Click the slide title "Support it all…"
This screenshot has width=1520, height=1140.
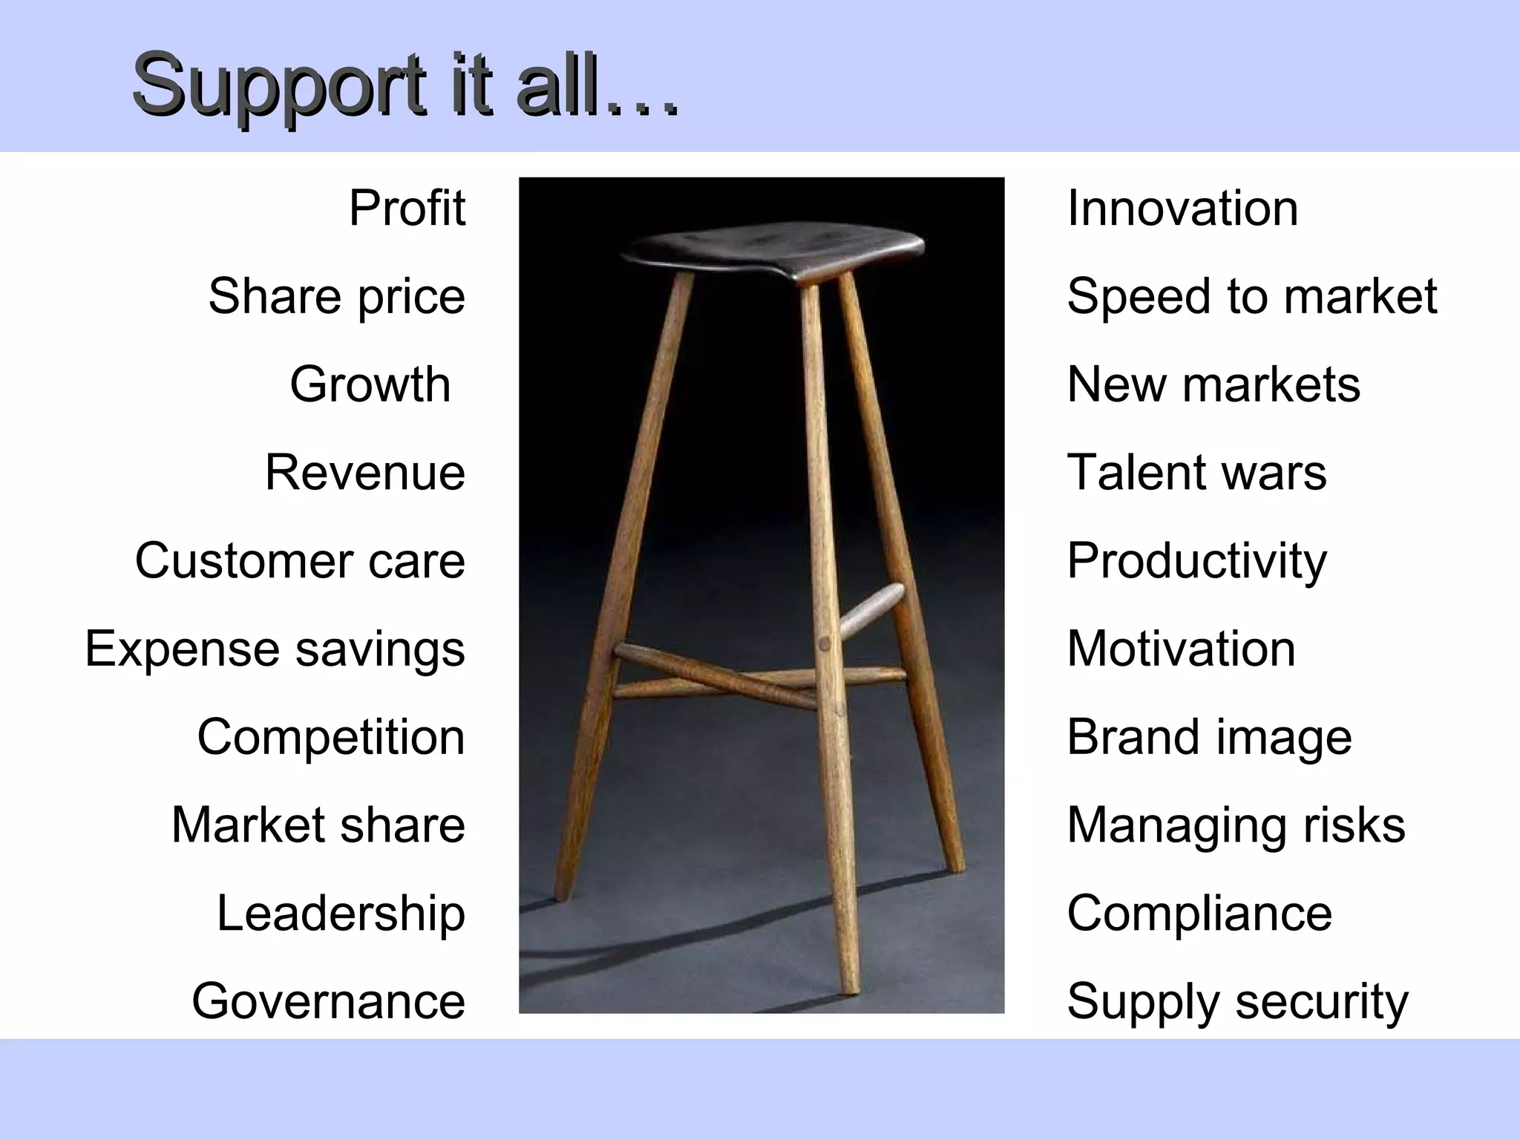pyautogui.click(x=404, y=85)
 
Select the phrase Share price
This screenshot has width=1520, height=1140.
pyautogui.click(x=336, y=296)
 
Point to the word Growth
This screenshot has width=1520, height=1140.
pyautogui.click(x=370, y=384)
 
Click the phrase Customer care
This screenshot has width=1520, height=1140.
pyautogui.click(x=300, y=560)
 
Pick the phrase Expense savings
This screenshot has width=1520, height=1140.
pyautogui.click(x=275, y=649)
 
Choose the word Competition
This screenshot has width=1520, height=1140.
pyautogui.click(x=331, y=737)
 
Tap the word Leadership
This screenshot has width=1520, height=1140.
pyautogui.click(x=341, y=913)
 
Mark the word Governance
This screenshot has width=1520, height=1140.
pyautogui.click(x=328, y=1001)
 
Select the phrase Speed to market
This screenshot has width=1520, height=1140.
pyautogui.click(x=1251, y=296)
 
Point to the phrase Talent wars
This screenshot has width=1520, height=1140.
pyautogui.click(x=1196, y=473)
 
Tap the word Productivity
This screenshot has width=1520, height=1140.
pyautogui.click(x=1196, y=561)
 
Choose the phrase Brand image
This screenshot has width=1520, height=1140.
pyautogui.click(x=1209, y=737)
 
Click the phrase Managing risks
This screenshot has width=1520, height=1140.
pyautogui.click(x=1236, y=825)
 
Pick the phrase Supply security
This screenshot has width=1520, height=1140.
pyautogui.click(x=1237, y=1002)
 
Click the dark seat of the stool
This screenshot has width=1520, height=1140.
pyautogui.click(x=772, y=249)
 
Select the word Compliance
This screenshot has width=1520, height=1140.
pyautogui.click(x=1199, y=913)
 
